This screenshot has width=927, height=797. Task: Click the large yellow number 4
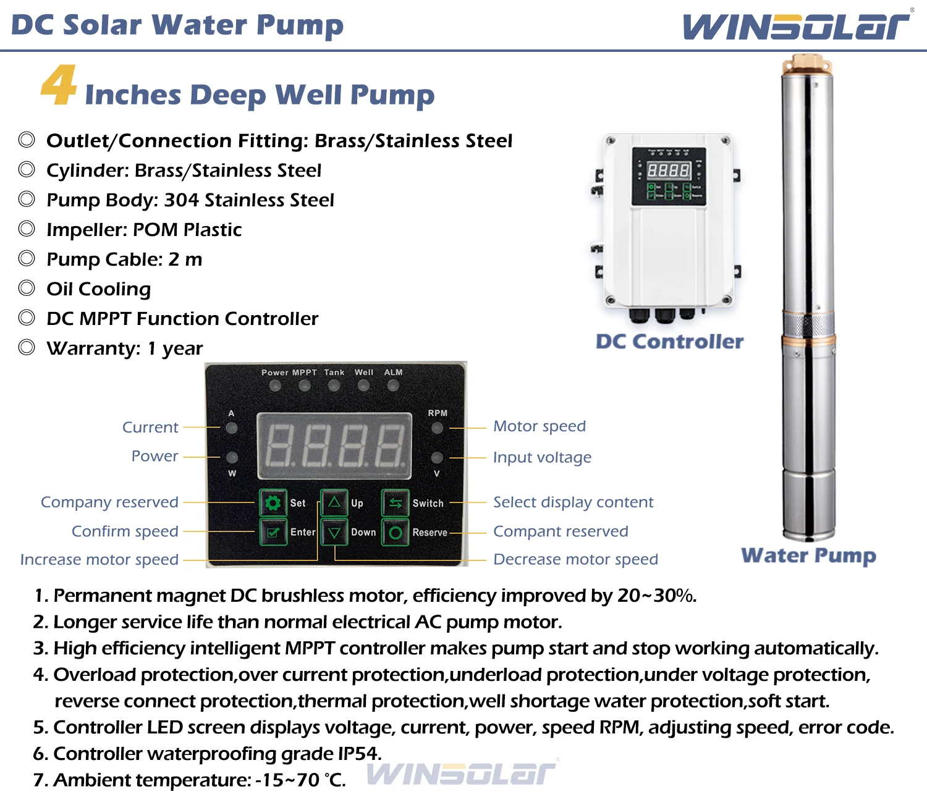(x=59, y=85)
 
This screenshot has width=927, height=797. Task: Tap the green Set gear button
(x=273, y=503)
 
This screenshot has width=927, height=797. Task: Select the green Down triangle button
(x=334, y=532)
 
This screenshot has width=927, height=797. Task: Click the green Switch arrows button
(x=396, y=503)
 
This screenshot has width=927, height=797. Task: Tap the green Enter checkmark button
(x=273, y=532)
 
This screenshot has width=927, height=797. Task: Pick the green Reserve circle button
(x=396, y=532)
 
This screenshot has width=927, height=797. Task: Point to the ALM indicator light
(x=393, y=386)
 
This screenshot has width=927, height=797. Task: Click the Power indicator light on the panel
(x=275, y=386)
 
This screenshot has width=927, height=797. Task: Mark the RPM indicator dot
(x=437, y=428)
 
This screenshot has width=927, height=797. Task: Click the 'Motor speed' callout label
(x=540, y=426)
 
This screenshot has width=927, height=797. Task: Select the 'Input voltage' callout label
(x=542, y=457)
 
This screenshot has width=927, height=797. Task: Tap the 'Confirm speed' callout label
(x=125, y=531)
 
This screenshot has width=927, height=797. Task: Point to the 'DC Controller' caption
(x=669, y=342)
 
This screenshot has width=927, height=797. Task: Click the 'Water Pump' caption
(x=808, y=555)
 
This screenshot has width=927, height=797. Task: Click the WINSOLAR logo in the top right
(x=796, y=26)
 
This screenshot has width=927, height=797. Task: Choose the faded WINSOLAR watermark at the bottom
(x=462, y=774)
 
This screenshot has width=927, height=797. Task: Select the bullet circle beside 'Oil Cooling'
(x=27, y=288)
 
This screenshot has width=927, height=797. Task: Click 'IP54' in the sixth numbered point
(x=359, y=754)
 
